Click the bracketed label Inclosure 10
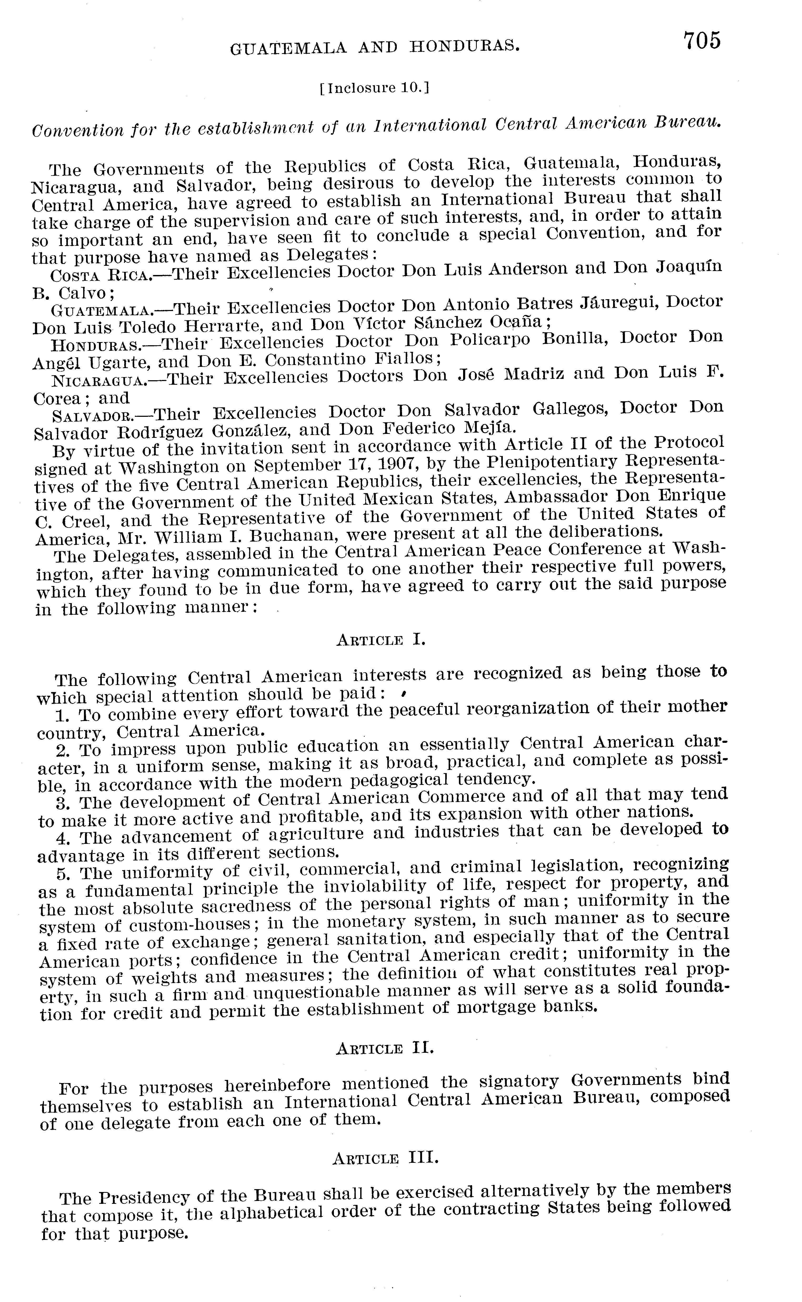(374, 88)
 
